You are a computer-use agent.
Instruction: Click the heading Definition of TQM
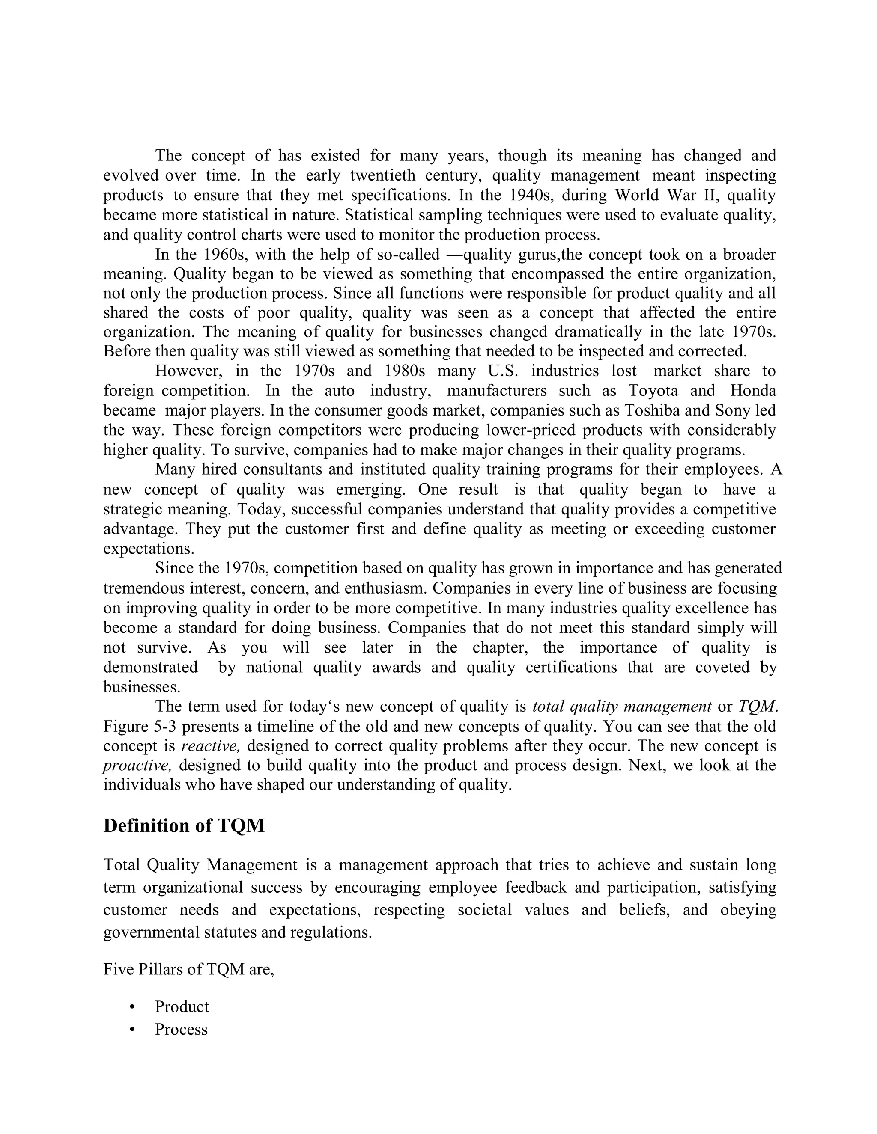[184, 826]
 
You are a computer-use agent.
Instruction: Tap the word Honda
[753, 390]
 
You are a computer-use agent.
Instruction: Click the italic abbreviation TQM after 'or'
[757, 707]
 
